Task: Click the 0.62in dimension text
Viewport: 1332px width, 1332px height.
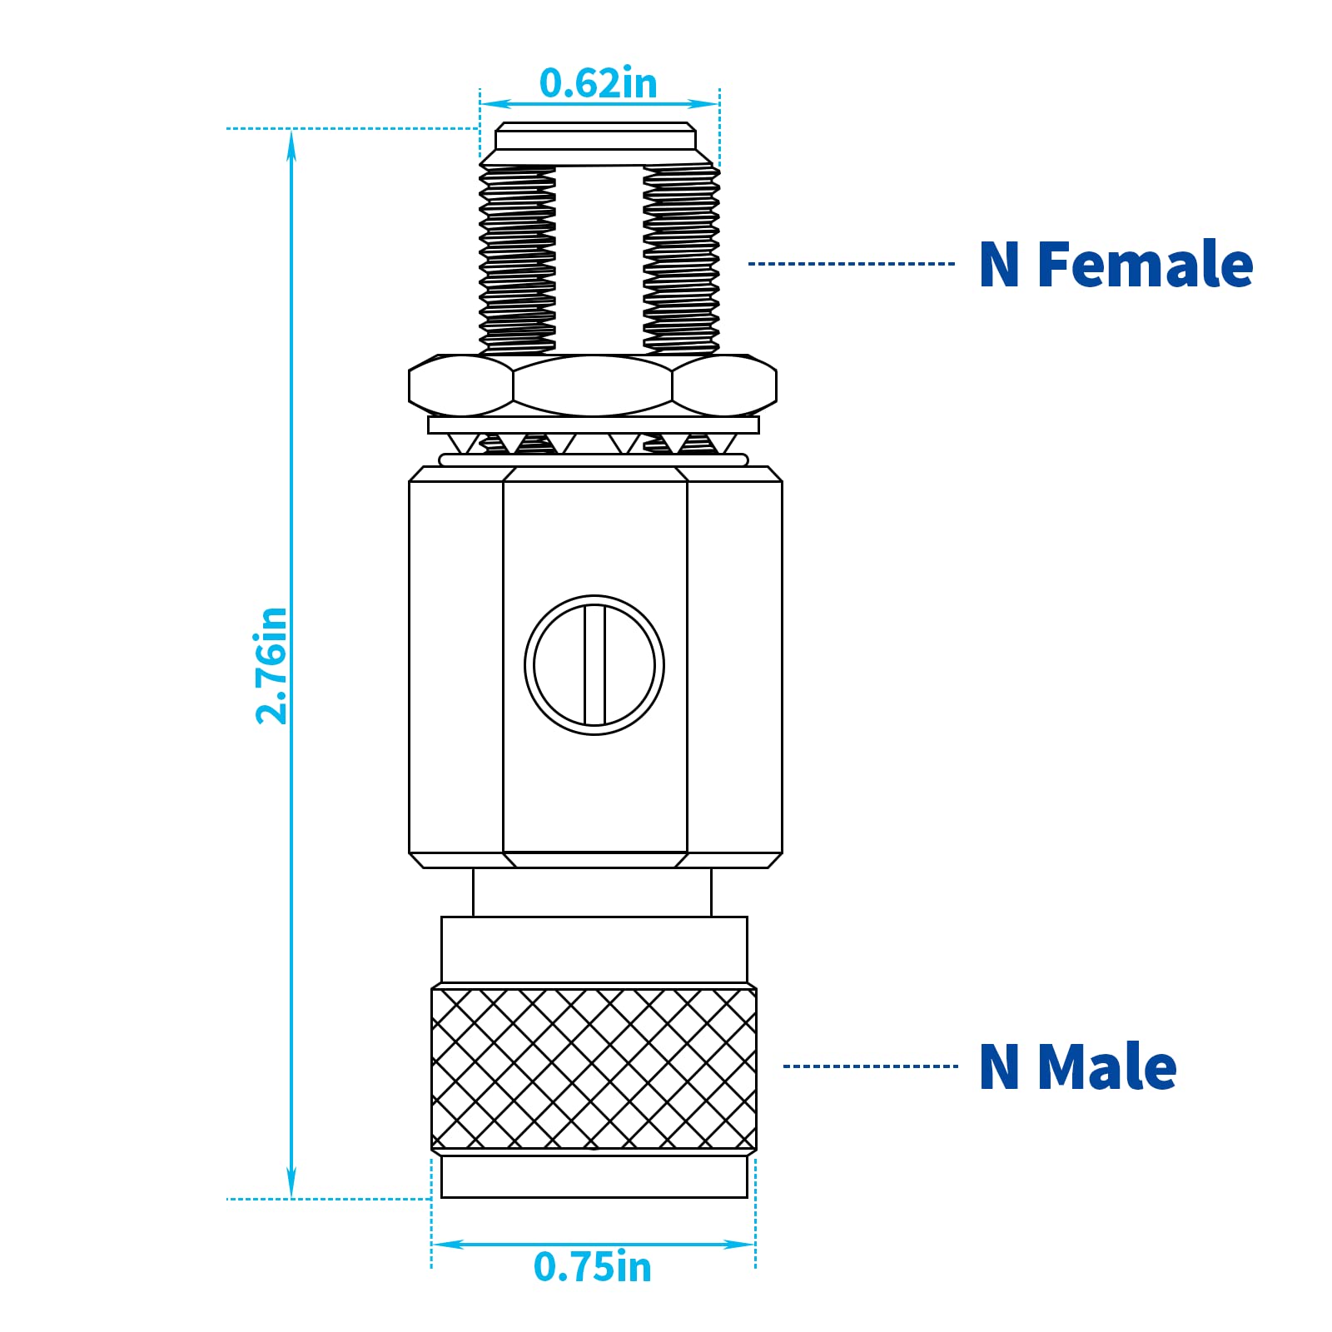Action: [598, 83]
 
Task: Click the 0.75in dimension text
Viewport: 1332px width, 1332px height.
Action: [592, 1266]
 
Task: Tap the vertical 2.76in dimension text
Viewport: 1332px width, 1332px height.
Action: [271, 665]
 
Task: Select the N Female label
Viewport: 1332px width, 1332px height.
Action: [1116, 265]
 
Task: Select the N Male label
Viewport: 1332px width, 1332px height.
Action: [1077, 1066]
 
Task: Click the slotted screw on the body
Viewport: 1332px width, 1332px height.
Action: [594, 665]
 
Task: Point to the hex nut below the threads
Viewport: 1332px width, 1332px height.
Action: [592, 385]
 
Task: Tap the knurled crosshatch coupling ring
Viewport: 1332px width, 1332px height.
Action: [594, 1069]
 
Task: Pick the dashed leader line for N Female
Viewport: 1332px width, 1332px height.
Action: [851, 264]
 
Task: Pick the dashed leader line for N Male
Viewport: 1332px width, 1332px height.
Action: [870, 1066]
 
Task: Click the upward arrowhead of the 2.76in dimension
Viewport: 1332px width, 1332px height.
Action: [291, 143]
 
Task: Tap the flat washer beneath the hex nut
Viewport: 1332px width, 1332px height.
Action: [593, 425]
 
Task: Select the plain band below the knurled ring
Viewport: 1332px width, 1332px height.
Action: [594, 1175]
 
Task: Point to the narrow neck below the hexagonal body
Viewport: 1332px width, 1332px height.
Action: [592, 892]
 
